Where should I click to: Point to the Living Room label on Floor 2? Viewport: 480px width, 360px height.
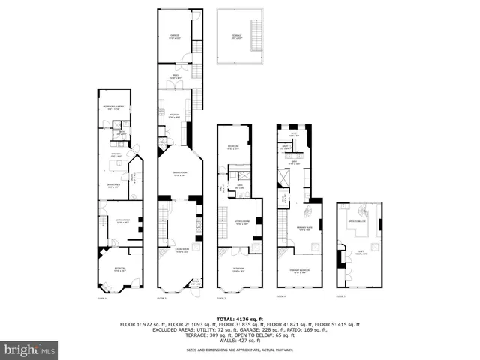point(181,250)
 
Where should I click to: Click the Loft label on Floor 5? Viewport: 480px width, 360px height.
point(360,252)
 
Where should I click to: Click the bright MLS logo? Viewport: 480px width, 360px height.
point(30,349)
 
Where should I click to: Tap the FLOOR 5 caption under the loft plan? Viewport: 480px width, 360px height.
point(340,297)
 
